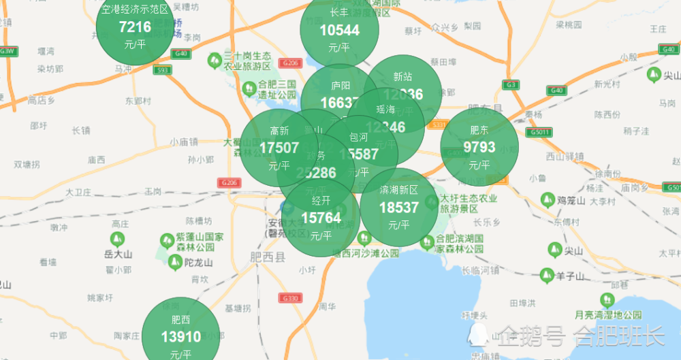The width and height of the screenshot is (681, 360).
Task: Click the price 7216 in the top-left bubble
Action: coord(135,28)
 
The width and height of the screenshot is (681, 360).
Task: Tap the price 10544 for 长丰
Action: coord(339,31)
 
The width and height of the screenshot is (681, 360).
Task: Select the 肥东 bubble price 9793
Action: coord(479,148)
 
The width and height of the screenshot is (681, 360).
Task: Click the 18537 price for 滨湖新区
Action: coord(399,208)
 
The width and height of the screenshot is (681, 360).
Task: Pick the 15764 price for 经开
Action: coord(321,218)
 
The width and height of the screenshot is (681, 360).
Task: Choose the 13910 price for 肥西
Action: coord(181,337)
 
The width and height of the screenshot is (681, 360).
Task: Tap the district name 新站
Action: coord(402,77)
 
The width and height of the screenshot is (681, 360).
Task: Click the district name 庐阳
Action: coord(340,86)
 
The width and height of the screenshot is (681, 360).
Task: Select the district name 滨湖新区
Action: coord(399,190)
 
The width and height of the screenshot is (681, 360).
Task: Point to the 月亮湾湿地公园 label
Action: coord(607,315)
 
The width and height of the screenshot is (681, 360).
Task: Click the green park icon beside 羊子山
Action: coord(546,275)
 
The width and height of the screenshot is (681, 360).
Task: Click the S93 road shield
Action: coord(162,69)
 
